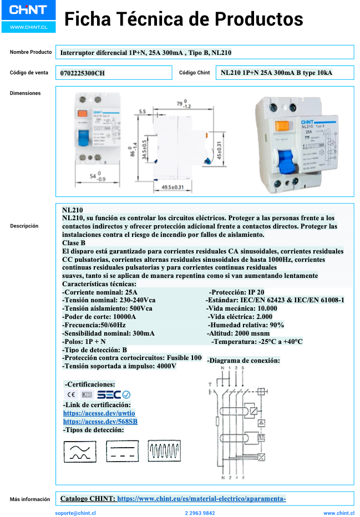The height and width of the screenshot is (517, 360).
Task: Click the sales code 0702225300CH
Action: click(x=82, y=73)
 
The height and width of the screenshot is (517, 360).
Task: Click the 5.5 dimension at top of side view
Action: click(x=143, y=111)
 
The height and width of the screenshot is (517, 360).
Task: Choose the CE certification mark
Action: click(x=72, y=395)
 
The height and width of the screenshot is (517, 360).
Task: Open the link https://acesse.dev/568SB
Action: click(x=100, y=422)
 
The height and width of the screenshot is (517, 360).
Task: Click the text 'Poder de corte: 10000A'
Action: click(x=99, y=316)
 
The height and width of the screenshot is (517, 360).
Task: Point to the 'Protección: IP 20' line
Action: click(x=237, y=292)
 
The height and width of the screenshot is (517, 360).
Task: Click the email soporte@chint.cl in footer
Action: click(x=75, y=513)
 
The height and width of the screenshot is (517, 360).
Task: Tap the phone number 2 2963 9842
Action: click(x=200, y=513)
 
